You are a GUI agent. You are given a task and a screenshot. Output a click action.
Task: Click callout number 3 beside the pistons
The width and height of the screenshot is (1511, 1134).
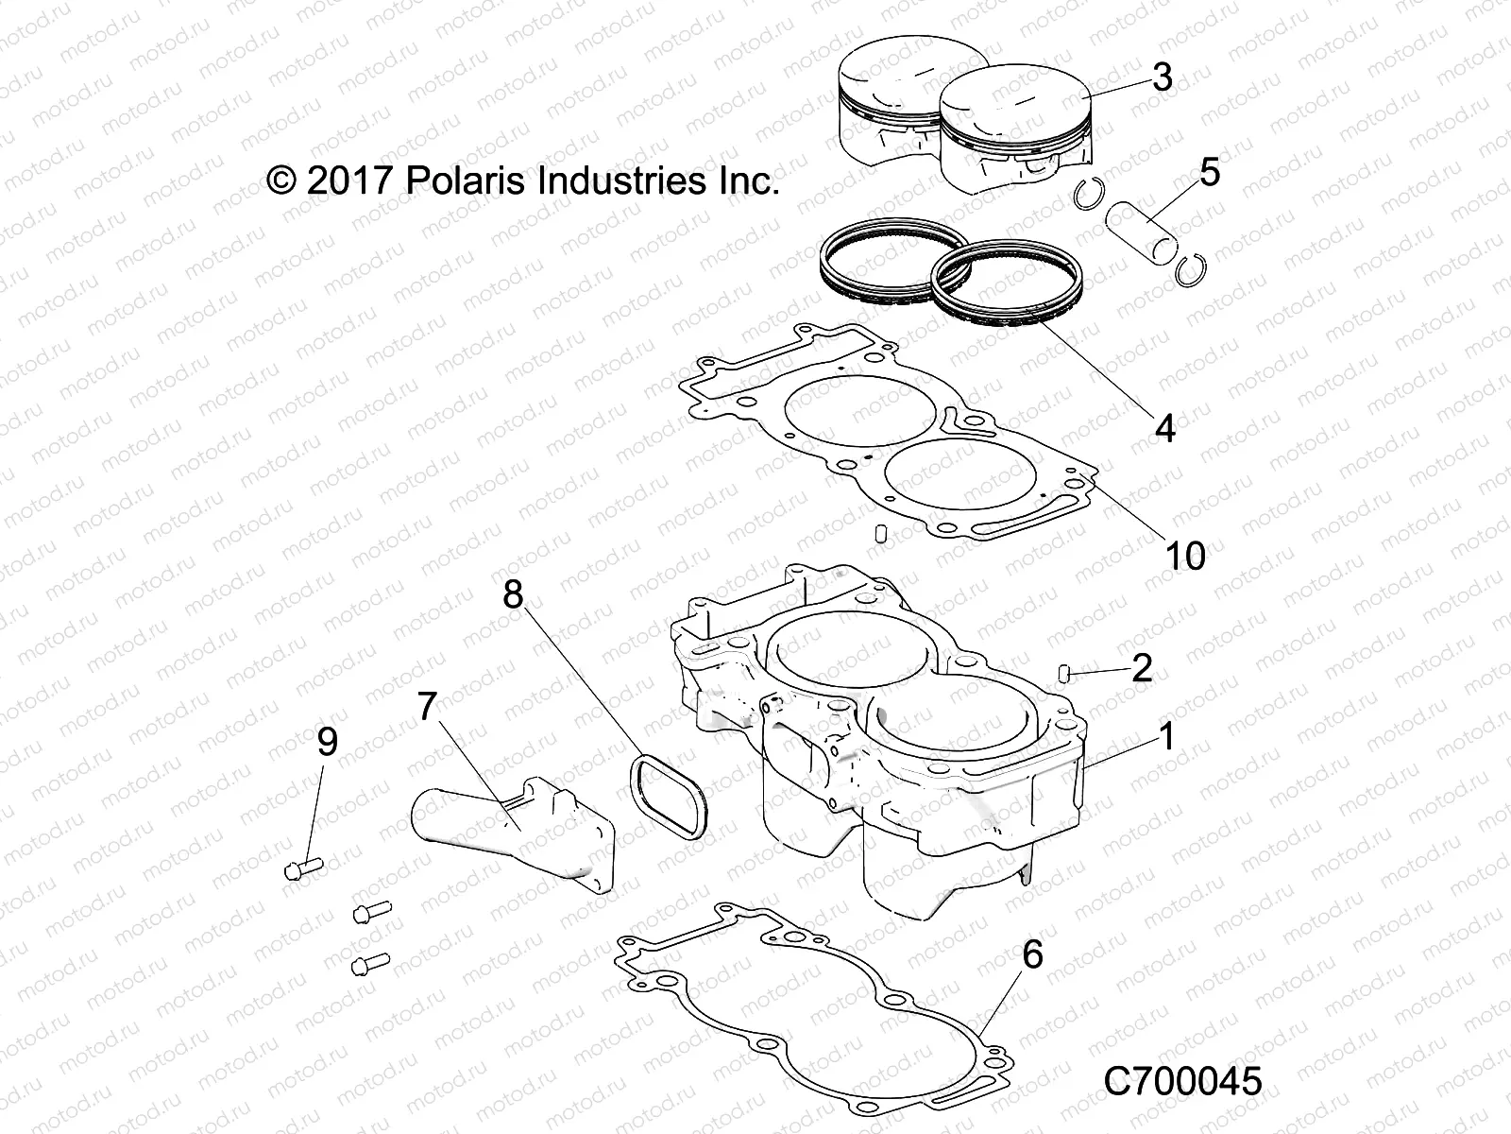click(x=1163, y=77)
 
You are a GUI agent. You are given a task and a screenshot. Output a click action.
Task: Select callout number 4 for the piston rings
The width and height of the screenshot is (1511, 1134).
click(x=1165, y=428)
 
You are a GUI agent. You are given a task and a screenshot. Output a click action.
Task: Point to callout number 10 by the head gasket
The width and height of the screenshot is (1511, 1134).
click(x=1185, y=556)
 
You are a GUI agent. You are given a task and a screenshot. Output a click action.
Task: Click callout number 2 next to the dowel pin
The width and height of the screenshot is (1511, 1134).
click(x=1142, y=668)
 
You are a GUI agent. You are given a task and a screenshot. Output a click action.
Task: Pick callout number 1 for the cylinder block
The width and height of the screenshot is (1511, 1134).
click(x=1166, y=735)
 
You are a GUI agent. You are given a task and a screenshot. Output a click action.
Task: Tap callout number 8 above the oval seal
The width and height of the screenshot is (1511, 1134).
click(x=513, y=594)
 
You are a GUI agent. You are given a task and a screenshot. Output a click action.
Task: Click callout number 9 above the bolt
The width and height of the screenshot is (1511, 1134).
click(x=327, y=742)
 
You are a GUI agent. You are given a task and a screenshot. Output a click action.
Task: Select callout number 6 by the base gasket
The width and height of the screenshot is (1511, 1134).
click(x=1032, y=954)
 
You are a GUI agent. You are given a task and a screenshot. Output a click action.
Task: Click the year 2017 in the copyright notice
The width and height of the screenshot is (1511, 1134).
click(x=348, y=180)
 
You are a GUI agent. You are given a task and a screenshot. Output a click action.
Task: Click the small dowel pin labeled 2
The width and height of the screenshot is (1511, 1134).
click(x=1062, y=672)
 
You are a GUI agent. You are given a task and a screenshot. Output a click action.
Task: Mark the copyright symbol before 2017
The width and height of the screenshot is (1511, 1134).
click(x=280, y=180)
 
